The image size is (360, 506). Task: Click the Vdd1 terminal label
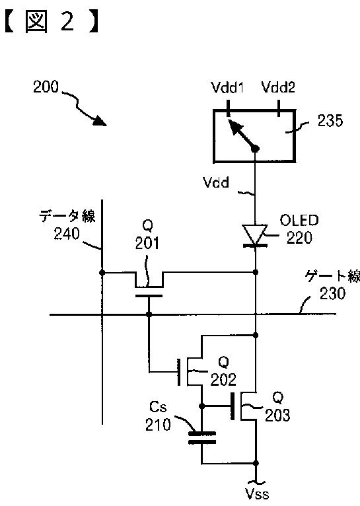point(227,87)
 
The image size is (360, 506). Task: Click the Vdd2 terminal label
point(278,87)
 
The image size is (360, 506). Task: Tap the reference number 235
point(330,121)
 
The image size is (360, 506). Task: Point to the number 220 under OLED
point(299,238)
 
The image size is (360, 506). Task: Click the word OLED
point(299,221)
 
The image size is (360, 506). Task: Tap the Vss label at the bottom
point(257,494)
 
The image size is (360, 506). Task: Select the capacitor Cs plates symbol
point(202,437)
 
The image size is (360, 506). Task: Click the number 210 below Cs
point(158,425)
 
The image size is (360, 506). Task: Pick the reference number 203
point(277,415)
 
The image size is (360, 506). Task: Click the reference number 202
point(223,379)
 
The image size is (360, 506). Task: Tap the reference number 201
point(147,243)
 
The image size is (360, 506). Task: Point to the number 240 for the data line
point(67,234)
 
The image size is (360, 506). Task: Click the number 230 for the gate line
point(332,294)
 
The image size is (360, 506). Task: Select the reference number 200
point(46,87)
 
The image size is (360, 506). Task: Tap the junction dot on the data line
point(102,273)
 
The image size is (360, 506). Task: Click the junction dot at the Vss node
point(256,464)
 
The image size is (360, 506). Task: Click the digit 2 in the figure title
point(67,22)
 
